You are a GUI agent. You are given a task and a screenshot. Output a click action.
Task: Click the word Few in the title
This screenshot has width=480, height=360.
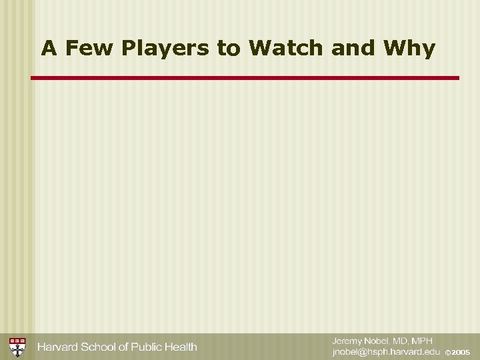[x=83, y=49]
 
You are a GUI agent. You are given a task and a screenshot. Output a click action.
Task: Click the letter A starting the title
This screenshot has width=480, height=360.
[x=47, y=49]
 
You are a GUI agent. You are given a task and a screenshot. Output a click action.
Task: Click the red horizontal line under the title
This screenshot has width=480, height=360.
[x=245, y=78]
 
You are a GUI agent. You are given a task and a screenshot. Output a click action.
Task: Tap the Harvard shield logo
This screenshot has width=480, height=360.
[x=18, y=347]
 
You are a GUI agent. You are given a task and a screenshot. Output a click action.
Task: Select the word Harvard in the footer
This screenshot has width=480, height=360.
[x=59, y=347]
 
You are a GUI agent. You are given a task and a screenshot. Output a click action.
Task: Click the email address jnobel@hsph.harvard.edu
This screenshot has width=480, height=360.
[x=387, y=351]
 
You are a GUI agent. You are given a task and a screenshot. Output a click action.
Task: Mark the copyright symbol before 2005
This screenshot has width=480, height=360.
[x=448, y=352]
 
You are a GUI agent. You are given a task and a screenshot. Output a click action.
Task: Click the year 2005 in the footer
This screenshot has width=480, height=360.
[x=461, y=352]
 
